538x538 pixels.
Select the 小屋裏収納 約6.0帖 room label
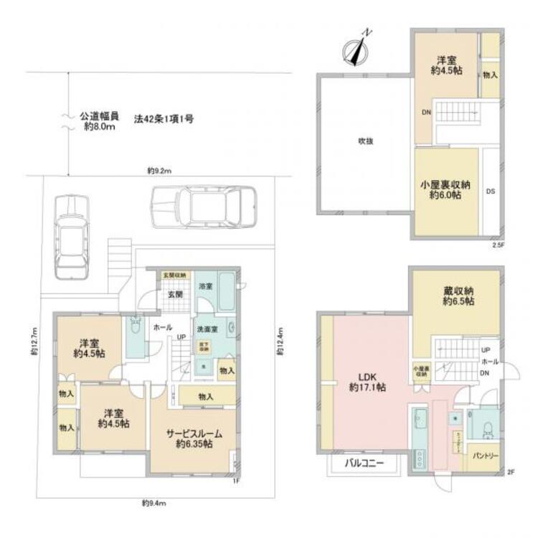(x=445, y=190)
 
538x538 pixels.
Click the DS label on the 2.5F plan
(x=491, y=192)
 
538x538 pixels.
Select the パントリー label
(x=486, y=456)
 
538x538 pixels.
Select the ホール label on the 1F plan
(x=161, y=326)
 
